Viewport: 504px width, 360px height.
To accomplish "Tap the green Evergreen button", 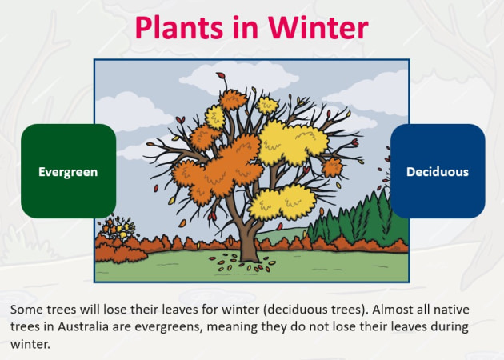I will pyautogui.click(x=68, y=171).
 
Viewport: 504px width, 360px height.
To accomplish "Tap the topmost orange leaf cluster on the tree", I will pyautogui.click(x=232, y=99).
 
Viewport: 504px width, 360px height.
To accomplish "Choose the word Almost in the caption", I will pyautogui.click(x=398, y=309).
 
